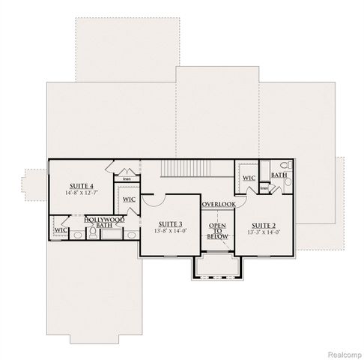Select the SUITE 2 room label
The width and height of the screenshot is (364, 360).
click(264, 224)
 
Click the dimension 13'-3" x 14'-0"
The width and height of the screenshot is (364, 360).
click(264, 232)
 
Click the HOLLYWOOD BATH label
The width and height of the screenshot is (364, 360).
click(105, 222)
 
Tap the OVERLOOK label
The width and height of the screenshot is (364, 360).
click(218, 204)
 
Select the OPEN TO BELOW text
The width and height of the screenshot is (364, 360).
click(218, 230)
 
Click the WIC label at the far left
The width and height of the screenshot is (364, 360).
click(61, 229)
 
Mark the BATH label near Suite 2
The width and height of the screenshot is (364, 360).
click(279, 175)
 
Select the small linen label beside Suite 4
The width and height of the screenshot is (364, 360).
click(127, 180)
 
